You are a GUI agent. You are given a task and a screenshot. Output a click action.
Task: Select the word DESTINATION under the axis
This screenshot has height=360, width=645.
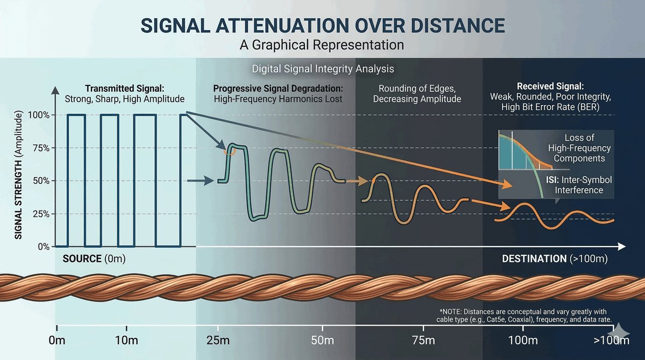tap(534, 259)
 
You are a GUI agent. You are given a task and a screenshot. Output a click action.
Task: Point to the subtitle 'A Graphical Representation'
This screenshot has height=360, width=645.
tap(322, 45)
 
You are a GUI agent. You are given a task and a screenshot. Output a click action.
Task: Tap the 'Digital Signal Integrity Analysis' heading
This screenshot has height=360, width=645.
tap(323, 69)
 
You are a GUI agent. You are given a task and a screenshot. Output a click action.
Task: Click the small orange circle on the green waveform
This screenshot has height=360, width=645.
tap(230, 150)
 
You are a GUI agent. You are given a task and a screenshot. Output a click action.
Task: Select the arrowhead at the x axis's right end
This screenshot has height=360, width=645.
tap(622, 247)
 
